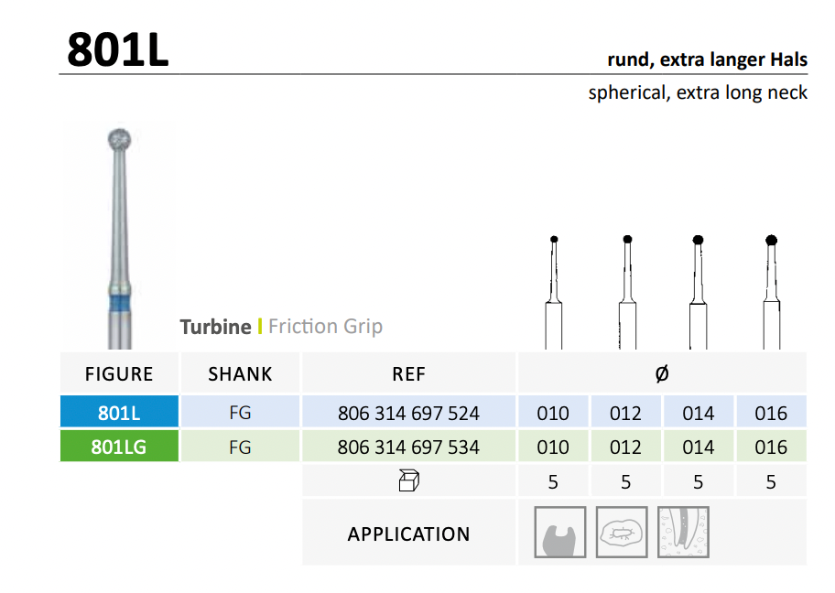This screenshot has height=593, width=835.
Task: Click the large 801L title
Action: coord(118,49)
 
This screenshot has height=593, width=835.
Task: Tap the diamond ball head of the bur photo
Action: coord(119,140)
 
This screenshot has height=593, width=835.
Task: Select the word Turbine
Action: coord(216,327)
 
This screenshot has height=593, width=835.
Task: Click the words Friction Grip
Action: coord(325,327)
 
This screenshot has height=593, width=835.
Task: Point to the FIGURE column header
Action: coord(119,374)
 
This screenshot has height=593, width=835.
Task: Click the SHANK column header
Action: coord(240,374)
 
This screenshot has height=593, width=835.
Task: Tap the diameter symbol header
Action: coord(662,373)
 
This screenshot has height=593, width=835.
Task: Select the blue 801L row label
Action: coord(119,413)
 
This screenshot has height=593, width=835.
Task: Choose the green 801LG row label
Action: coord(119,447)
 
